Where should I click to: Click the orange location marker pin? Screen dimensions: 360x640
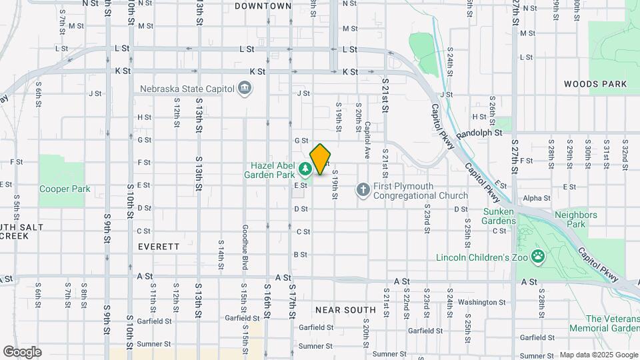tap(321, 159)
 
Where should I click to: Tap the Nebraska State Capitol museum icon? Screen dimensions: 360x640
tap(245, 88)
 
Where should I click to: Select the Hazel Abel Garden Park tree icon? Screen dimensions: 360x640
tap(306, 170)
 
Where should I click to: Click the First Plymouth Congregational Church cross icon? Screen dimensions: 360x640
tap(363, 191)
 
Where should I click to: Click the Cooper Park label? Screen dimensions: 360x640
tap(65, 189)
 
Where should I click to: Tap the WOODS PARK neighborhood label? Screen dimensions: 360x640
tap(595, 84)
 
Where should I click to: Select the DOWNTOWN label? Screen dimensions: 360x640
tap(263, 6)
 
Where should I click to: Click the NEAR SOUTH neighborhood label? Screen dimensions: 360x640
tap(345, 310)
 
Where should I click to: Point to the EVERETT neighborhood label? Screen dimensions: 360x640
tap(159, 246)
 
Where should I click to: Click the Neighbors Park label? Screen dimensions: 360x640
tap(575, 220)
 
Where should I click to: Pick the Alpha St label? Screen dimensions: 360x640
tap(537, 198)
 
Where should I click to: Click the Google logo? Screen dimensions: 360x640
tap(22, 352)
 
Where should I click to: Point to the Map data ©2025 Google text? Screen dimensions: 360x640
tap(598, 355)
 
